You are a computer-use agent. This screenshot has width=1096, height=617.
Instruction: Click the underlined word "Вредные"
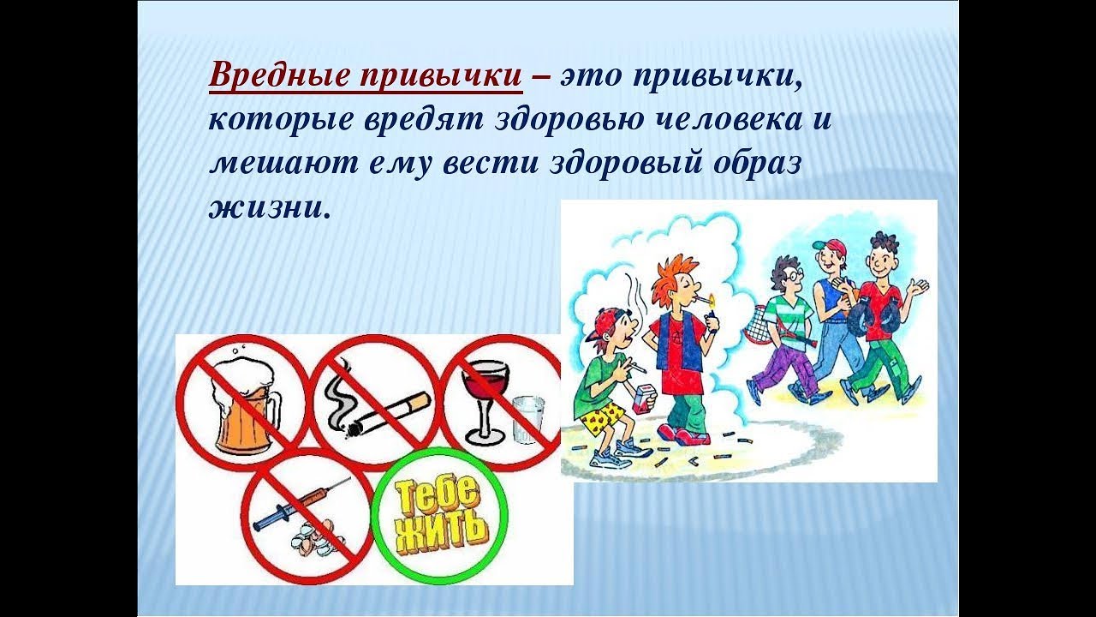tap(278, 77)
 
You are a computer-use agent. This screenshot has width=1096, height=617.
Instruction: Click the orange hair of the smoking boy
tap(671, 275)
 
